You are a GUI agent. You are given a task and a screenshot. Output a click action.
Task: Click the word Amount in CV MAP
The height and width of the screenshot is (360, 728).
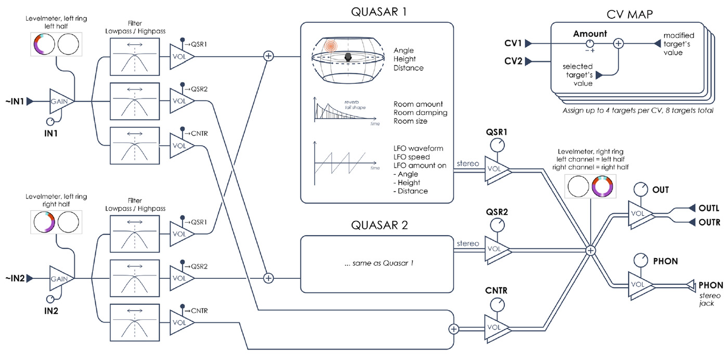tap(590, 33)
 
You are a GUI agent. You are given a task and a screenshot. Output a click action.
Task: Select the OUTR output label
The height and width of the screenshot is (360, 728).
tap(709, 222)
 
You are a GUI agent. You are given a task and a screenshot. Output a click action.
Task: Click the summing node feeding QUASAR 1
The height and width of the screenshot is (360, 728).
tap(269, 56)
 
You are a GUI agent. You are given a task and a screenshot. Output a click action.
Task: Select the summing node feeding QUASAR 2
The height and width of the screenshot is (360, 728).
tap(268, 278)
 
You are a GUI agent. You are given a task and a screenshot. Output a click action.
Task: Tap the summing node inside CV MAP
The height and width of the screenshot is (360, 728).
tap(618, 44)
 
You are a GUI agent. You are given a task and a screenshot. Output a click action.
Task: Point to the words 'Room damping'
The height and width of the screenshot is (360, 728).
tap(420, 113)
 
